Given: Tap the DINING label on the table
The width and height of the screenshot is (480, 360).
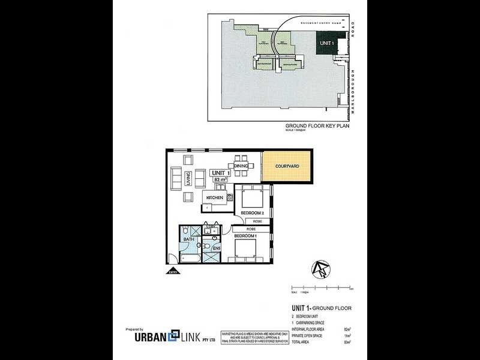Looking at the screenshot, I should [241, 166].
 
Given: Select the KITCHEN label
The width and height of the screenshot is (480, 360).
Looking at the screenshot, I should [215, 197].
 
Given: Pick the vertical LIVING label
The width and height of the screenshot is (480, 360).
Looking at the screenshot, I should [188, 178].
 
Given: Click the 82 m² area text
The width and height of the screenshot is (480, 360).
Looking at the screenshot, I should [220, 179].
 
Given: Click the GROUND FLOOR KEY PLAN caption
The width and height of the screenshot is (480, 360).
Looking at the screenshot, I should [317, 127].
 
